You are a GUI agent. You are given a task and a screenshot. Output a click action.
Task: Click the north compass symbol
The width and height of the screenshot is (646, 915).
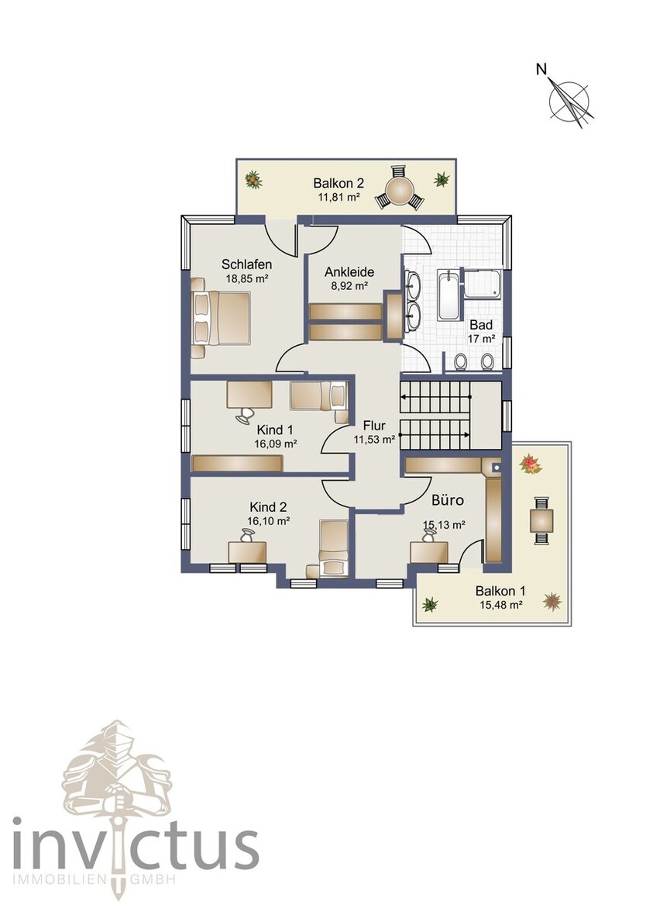point(570,100)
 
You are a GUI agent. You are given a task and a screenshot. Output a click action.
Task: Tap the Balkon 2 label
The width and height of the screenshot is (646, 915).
point(338,184)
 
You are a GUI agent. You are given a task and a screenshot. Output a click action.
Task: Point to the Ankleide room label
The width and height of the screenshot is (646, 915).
point(349,272)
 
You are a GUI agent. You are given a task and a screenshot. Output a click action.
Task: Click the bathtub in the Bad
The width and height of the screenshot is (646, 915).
point(448,295)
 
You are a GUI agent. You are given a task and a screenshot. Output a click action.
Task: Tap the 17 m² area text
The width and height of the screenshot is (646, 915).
point(481,339)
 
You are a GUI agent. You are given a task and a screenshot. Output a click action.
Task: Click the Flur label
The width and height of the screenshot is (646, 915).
point(375,425)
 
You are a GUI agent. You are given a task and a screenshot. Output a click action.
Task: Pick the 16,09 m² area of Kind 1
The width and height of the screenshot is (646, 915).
point(276,444)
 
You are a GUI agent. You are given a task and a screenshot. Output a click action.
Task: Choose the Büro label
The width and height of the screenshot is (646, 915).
point(447,501)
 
